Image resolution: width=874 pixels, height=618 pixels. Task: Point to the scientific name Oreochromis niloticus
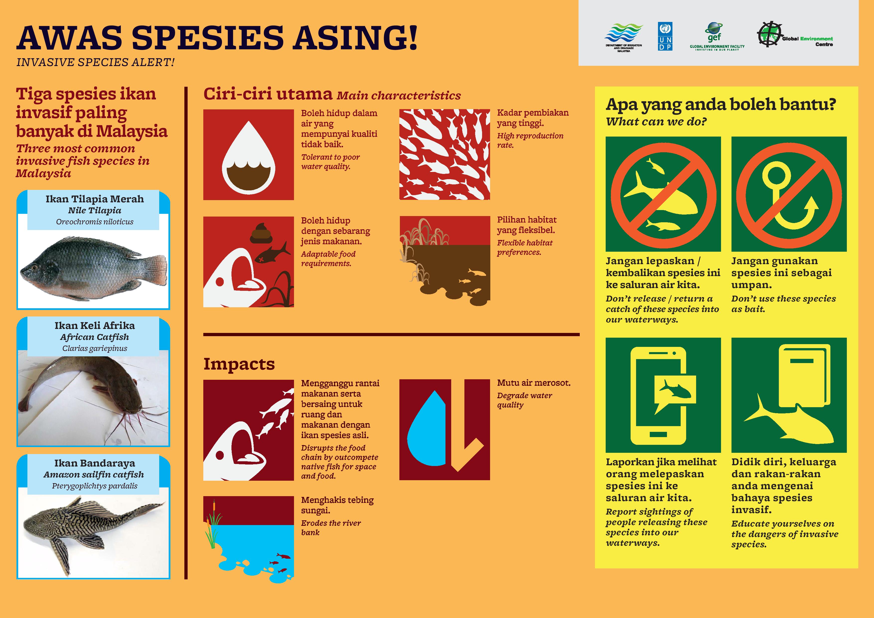[x=95, y=222]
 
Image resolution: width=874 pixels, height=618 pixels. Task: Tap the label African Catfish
[x=94, y=337]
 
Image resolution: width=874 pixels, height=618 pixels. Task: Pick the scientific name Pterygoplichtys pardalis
[x=95, y=486]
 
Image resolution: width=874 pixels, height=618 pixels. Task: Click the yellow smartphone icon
[x=658, y=396]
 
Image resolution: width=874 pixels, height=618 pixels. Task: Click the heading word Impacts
[x=239, y=364]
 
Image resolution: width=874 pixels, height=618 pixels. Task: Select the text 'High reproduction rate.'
[x=530, y=140]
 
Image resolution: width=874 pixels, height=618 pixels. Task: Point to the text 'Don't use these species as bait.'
[x=783, y=304]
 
